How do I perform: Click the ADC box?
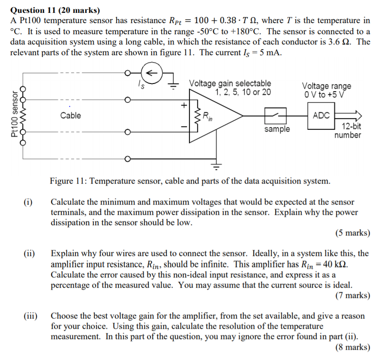(321, 115)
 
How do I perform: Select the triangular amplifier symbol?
(219, 116)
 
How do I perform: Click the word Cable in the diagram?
(70, 115)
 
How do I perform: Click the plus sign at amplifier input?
(184, 104)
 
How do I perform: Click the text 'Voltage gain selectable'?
(230, 83)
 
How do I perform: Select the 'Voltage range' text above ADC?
(326, 86)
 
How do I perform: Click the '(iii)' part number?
(30, 316)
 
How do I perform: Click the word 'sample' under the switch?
(277, 129)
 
